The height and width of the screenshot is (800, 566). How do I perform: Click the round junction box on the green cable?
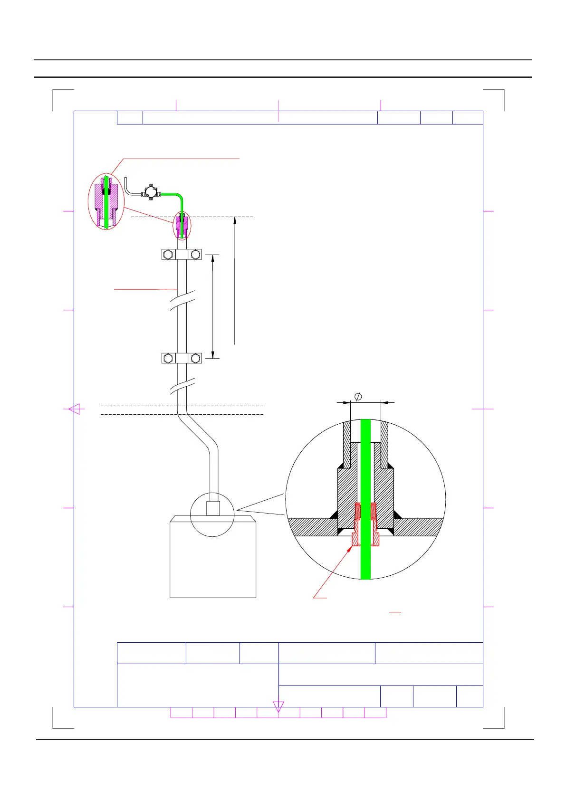(151, 192)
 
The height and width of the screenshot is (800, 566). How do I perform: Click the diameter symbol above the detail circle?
(359, 396)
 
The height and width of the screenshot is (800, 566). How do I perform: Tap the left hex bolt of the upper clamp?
(167, 255)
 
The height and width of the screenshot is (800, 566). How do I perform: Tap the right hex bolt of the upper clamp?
(195, 255)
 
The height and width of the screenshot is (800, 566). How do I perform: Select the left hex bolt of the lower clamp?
(167, 358)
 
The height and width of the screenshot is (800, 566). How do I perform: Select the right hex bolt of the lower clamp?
(195, 358)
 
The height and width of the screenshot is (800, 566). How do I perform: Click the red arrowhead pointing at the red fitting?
(350, 549)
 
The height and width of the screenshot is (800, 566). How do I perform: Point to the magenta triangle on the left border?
(76, 409)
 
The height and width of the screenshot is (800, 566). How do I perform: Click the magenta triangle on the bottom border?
(278, 706)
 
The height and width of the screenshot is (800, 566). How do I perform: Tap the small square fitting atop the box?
(213, 509)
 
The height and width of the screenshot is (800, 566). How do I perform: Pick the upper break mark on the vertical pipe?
(182, 303)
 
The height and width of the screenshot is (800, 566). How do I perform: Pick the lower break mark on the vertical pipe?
(182, 387)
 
